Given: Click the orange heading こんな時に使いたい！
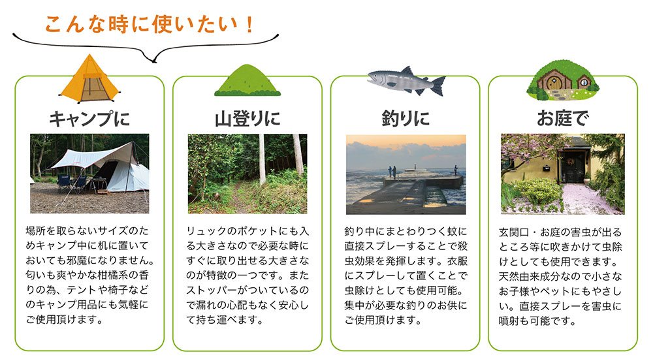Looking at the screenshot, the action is point(149,25).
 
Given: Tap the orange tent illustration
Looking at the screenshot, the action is point(90,79).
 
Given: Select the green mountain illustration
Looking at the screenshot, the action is point(247,80).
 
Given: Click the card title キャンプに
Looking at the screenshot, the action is point(89,119).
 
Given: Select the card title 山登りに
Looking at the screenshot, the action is point(247,119).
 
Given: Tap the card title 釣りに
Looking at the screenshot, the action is point(406,118).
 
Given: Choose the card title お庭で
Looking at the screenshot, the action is point(563,118).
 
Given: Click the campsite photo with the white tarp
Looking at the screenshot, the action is point(89,174).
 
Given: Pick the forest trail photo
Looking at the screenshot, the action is point(247,174).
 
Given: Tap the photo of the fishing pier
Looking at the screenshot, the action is point(406,174).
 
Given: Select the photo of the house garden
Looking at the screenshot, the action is point(563,174).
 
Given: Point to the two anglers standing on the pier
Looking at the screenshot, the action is point(392,172).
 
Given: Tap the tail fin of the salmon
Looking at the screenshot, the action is point(438,86).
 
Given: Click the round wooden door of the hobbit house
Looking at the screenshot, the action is point(554,82).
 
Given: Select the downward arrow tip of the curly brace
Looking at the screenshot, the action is point(155,62).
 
